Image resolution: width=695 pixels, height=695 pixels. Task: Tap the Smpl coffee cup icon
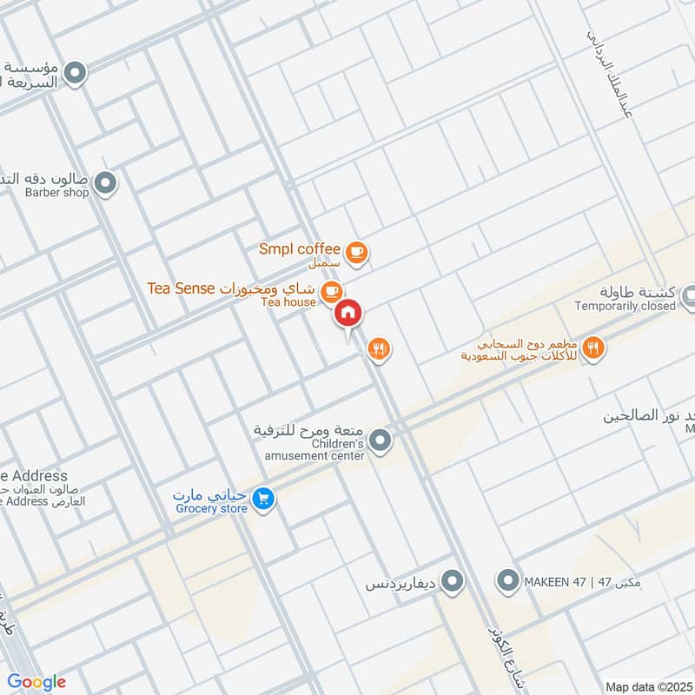click(x=356, y=252)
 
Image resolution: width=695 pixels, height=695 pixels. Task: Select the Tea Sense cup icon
click(x=330, y=290)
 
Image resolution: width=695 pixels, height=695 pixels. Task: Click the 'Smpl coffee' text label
click(x=299, y=249)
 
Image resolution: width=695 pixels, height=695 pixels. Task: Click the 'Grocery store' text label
click(x=211, y=509)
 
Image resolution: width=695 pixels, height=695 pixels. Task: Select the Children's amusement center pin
click(x=380, y=443)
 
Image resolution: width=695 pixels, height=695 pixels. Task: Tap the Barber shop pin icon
click(x=106, y=182)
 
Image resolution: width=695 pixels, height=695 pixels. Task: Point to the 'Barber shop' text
click(x=56, y=193)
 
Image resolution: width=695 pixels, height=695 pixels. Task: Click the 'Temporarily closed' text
click(x=625, y=306)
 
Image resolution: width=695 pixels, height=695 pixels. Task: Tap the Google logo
click(x=36, y=682)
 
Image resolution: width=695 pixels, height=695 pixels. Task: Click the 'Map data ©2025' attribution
click(x=646, y=686)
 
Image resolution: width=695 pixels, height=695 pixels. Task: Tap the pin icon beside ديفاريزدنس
click(x=451, y=580)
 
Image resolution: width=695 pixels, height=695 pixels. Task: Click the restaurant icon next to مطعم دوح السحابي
click(x=594, y=347)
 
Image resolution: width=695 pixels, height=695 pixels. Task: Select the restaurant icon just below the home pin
click(x=379, y=349)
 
